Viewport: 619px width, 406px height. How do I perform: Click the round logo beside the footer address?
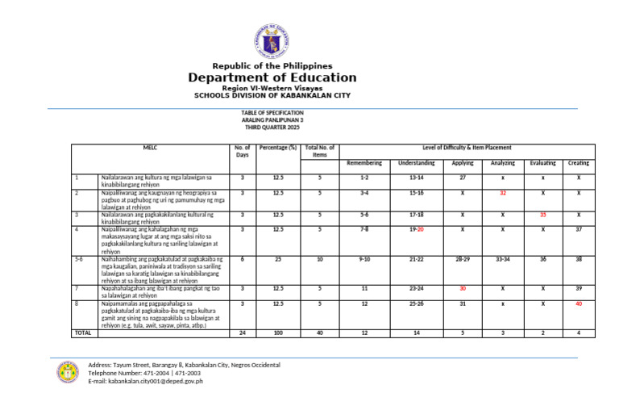click(67, 372)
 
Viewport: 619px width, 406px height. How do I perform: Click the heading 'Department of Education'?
click(272, 77)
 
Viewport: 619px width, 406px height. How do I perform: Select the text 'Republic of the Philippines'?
click(272, 65)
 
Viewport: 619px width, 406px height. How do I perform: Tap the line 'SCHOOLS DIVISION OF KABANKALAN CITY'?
click(272, 95)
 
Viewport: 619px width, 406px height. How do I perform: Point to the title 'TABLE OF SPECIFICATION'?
click(272, 113)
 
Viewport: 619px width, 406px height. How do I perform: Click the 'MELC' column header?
click(150, 149)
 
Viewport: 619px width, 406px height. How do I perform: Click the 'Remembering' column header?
click(364, 163)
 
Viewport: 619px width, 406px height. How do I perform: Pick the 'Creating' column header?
click(578, 163)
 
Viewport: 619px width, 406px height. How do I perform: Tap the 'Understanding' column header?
click(416, 163)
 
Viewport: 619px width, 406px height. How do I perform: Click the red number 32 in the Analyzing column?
click(502, 194)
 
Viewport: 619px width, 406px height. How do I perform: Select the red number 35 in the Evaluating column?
click(542, 216)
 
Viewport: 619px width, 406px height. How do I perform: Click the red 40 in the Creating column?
click(578, 304)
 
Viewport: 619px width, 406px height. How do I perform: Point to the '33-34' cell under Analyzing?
click(502, 260)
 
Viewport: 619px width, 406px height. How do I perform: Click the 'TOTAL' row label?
click(82, 333)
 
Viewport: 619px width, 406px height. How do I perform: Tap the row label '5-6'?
click(79, 260)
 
